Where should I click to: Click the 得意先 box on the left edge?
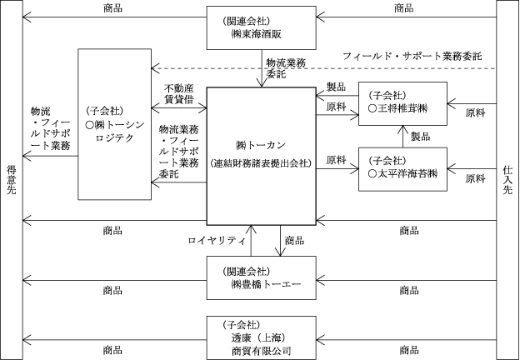[x=11, y=179]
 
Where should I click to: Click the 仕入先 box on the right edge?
[x=507, y=179]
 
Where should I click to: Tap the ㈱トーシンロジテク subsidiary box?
[x=113, y=124]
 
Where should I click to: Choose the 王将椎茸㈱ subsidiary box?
[x=403, y=103]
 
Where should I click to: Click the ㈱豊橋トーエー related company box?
[x=261, y=277]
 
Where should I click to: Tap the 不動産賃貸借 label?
[x=178, y=93]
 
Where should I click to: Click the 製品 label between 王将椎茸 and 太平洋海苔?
[x=420, y=136]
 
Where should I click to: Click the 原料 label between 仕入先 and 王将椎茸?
[x=476, y=112]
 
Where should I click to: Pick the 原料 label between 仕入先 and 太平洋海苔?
[x=476, y=178]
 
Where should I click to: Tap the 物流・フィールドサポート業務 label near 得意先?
[x=48, y=128]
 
